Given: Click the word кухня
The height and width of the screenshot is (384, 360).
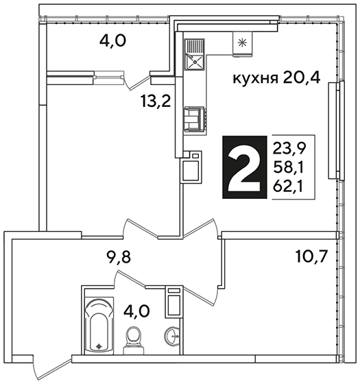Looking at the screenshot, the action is click(255, 79).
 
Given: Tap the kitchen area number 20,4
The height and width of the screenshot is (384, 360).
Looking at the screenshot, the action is click(302, 78).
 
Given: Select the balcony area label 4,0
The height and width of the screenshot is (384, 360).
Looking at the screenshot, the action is click(112, 41).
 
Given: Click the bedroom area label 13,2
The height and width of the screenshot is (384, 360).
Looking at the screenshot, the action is click(156, 101).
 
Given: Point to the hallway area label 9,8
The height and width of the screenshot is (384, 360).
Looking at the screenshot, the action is click(119, 258).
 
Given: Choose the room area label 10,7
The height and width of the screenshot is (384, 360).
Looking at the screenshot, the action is click(311, 257).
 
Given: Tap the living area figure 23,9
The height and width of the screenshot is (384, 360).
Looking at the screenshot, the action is click(289, 148).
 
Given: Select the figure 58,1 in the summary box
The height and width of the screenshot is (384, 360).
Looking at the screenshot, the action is click(288, 168).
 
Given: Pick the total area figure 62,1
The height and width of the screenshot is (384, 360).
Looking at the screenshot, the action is click(288, 187).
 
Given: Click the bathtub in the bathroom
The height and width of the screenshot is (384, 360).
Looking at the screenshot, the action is click(99, 326).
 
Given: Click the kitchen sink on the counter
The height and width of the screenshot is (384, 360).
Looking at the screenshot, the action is click(195, 54).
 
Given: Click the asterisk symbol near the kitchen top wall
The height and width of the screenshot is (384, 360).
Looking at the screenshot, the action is click(243, 43).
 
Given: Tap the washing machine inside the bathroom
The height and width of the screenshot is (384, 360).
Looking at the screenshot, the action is click(173, 302).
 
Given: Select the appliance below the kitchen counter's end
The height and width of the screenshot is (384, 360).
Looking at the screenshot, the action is click(191, 167).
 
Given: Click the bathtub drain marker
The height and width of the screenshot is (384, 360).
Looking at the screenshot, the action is click(99, 346).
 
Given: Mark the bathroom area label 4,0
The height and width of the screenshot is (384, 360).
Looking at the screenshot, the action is click(136, 312).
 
